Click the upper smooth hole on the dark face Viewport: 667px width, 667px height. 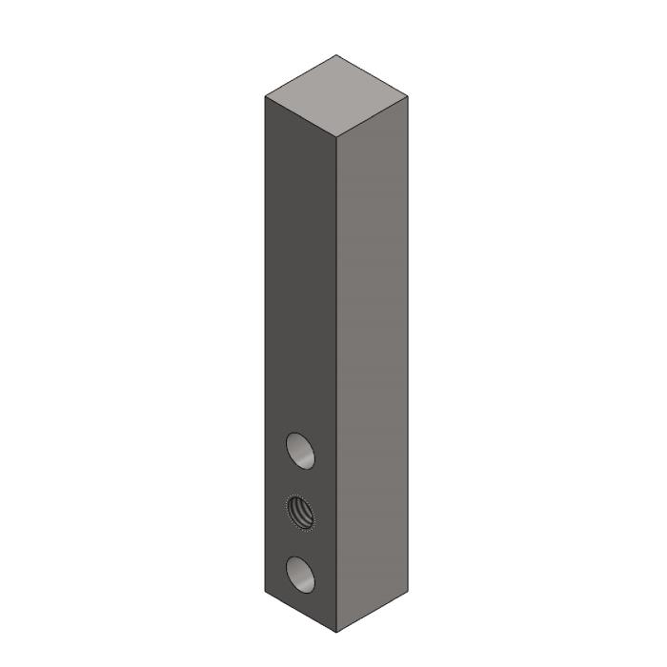300,450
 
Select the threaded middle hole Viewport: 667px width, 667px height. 300,512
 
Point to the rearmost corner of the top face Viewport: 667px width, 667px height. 336,55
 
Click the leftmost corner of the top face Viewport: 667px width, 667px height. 265,96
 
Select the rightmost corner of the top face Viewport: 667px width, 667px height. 409,96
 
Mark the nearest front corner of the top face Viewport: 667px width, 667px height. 337,138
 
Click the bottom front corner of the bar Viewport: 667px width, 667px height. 337,632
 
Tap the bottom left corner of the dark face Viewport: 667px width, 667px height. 265,590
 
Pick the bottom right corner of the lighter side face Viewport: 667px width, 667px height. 409,590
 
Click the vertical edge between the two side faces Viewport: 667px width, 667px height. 337,381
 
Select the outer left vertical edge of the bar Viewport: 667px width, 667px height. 265,343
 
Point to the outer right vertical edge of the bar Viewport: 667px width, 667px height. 409,343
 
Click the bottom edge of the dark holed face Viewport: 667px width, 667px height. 301,611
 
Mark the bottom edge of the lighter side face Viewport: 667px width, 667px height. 374,611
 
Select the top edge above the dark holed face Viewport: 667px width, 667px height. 301,117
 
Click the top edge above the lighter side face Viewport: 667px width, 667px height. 374,117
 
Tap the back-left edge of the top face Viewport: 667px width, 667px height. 300,76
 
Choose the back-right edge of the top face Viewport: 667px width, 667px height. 373,76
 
